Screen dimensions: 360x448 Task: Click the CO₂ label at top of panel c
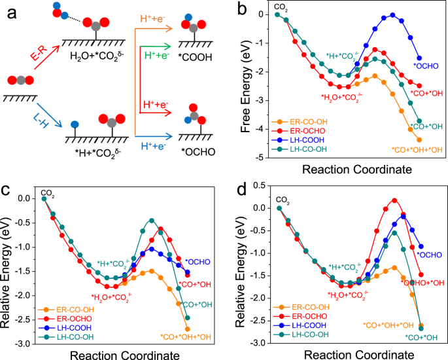click(x=48, y=192)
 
